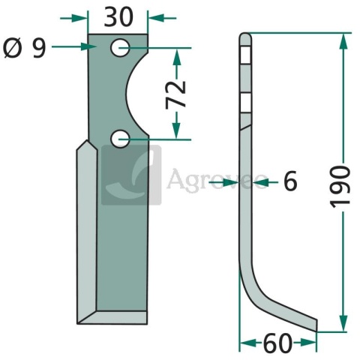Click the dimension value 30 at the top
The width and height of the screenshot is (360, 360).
point(118,16)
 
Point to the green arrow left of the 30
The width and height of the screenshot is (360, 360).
point(75,16)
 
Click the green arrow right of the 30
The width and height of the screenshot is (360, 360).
point(160,16)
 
